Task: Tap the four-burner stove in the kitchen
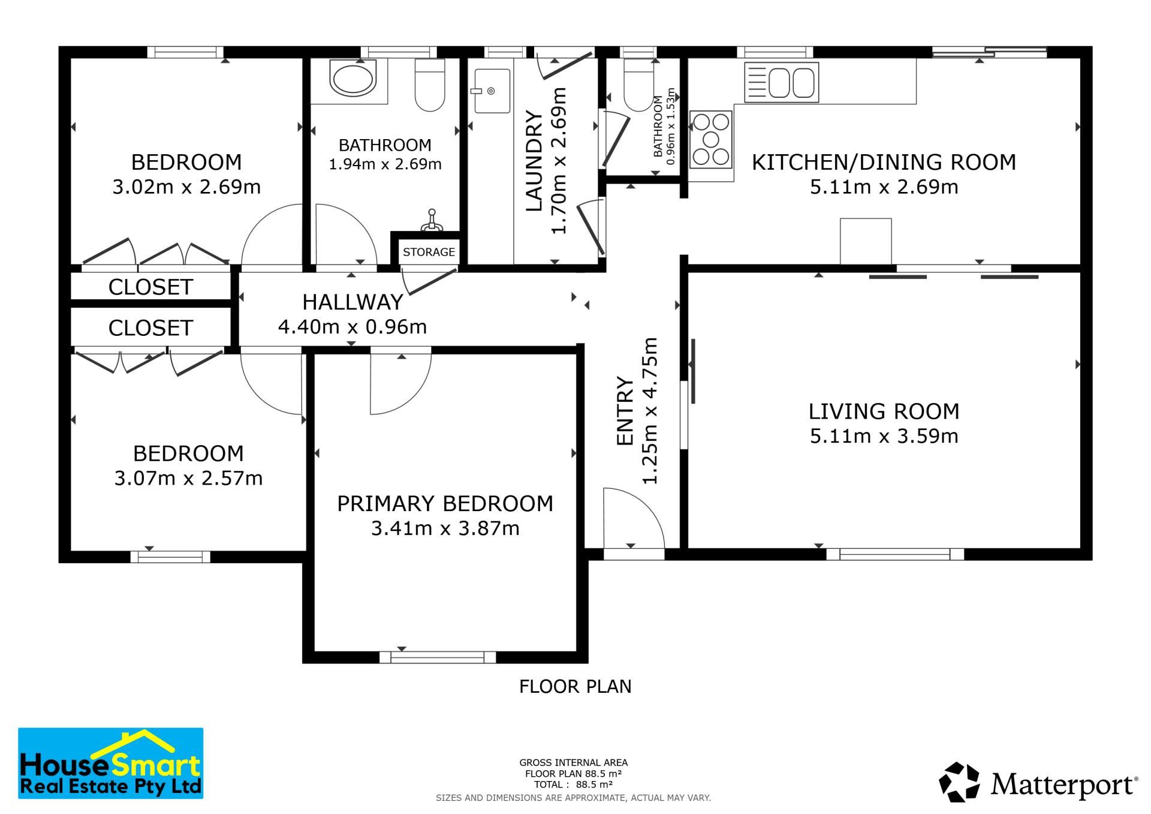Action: click(711, 140)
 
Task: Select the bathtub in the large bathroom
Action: click(354, 81)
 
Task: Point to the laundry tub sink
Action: click(492, 91)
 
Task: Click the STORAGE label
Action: click(429, 252)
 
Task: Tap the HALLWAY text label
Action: click(352, 302)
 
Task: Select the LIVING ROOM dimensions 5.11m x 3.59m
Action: click(884, 436)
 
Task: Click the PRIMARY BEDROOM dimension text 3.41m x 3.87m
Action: click(445, 528)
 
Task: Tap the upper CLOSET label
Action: click(150, 287)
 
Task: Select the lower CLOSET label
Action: click(150, 328)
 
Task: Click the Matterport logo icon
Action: click(959, 782)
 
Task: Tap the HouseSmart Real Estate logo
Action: click(111, 763)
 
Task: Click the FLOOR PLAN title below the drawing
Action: click(575, 686)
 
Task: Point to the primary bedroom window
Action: click(438, 657)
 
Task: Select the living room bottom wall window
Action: click(895, 554)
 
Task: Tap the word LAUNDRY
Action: click(534, 161)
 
